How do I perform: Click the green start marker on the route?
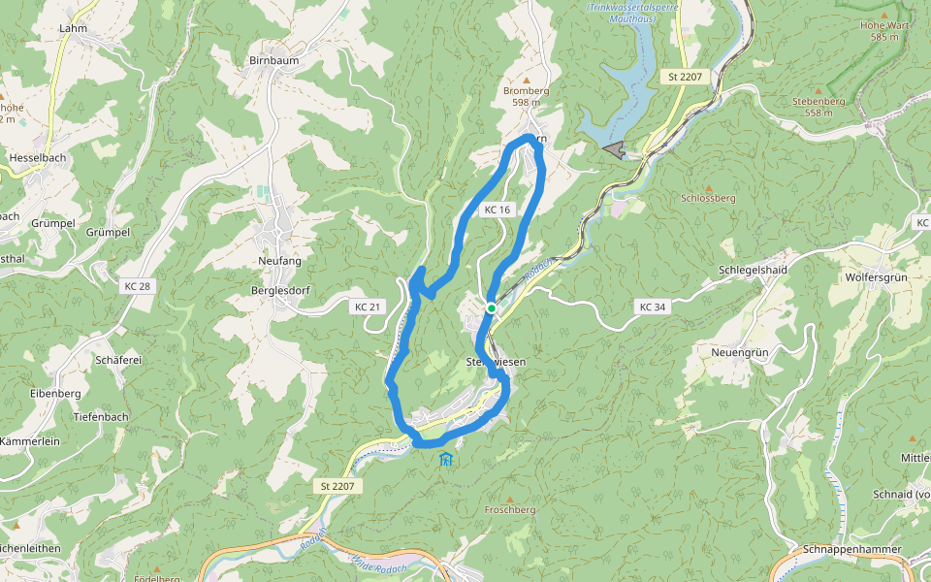pos(492,308)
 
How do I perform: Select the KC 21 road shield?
pos(367,307)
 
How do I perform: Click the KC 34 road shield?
pos(653,307)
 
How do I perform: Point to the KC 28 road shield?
pos(138,286)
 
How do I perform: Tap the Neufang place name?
pos(280,262)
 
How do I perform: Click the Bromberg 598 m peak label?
pos(527,96)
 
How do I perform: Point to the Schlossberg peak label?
pos(708,197)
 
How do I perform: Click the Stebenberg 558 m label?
pos(819,106)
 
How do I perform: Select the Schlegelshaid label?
pos(752,270)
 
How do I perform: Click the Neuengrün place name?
pos(739,351)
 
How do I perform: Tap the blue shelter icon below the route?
pos(445,459)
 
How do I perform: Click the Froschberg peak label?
pos(510,508)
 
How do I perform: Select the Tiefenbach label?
pos(101,416)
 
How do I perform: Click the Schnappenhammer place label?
pos(851,549)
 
